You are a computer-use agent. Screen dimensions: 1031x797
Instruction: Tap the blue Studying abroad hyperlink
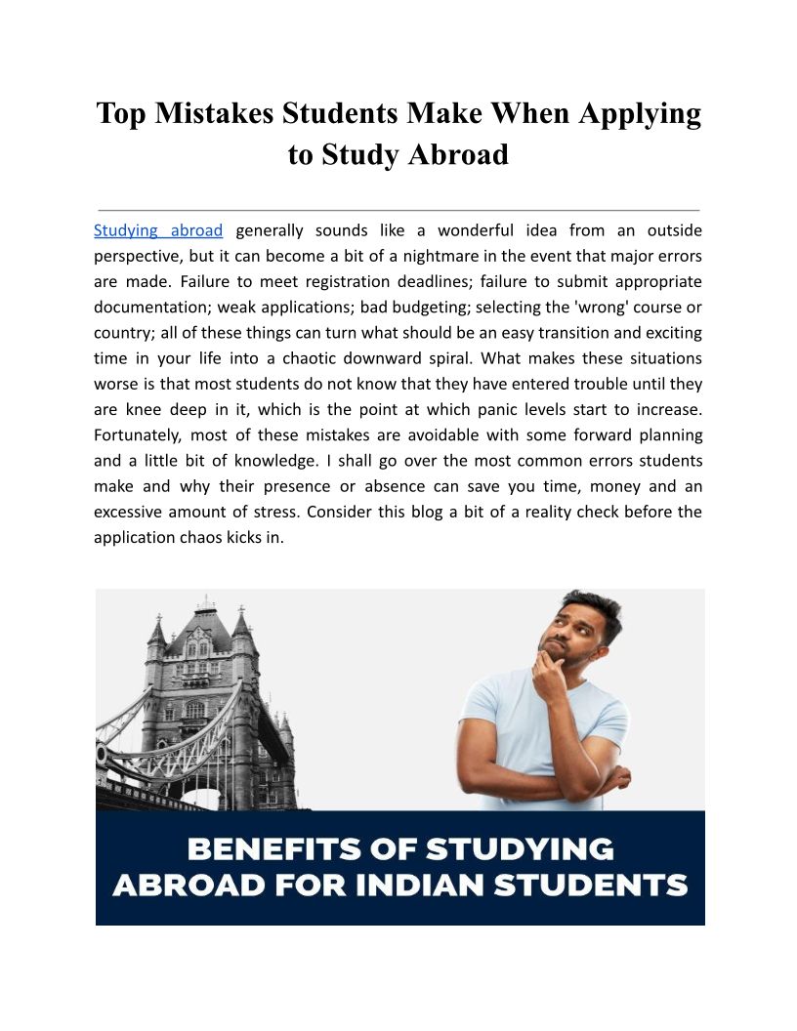[x=158, y=231]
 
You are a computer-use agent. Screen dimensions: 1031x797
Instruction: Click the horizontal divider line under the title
[x=398, y=210]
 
